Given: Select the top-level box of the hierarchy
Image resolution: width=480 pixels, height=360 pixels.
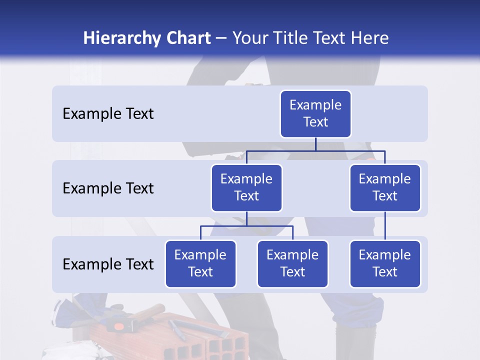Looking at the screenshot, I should [x=315, y=113].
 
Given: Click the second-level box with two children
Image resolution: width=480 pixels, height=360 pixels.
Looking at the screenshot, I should [x=246, y=187].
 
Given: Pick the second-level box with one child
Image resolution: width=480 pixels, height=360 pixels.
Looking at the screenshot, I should [x=385, y=187].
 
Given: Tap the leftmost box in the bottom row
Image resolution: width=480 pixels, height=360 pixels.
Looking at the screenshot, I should [x=200, y=263].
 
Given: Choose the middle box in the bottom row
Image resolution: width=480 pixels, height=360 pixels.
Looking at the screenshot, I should [x=292, y=263].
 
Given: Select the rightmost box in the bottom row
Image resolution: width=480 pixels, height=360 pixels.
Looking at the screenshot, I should [x=385, y=263].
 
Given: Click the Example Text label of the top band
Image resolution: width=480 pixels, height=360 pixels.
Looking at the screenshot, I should [x=108, y=114].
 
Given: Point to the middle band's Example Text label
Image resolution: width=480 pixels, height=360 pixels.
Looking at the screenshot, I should [x=108, y=188].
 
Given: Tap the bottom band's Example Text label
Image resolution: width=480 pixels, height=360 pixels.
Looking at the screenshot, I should [x=108, y=264].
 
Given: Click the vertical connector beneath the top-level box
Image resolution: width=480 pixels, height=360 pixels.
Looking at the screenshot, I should [x=315, y=144].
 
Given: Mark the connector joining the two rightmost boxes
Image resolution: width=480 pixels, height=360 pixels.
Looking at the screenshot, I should [x=385, y=226].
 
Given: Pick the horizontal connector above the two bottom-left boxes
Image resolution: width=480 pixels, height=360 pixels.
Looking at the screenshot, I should [x=246, y=226].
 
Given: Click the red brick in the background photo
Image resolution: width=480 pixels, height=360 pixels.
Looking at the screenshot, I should [x=210, y=340].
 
